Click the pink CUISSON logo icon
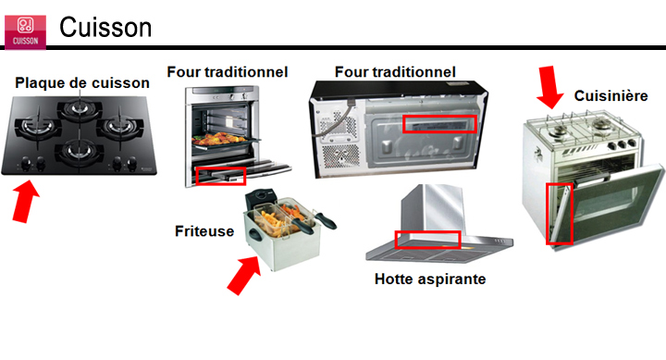pyautogui.click(x=25, y=32)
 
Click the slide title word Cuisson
pyautogui.click(x=105, y=28)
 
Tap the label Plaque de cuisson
pyautogui.click(x=82, y=83)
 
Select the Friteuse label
pyautogui.click(x=204, y=231)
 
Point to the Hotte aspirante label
pyautogui.click(x=430, y=279)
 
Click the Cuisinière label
pyautogui.click(x=610, y=96)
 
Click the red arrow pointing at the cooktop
pyautogui.click(x=25, y=202)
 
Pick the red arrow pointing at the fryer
pyautogui.click(x=244, y=275)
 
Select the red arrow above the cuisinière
pyautogui.click(x=549, y=87)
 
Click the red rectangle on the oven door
pyautogui.click(x=221, y=176)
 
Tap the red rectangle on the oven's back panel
pyautogui.click(x=439, y=124)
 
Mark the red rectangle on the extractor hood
pyautogui.click(x=427, y=240)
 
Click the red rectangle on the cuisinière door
pyautogui.click(x=559, y=214)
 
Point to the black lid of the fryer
pyautogui.click(x=260, y=198)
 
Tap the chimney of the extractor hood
pyautogui.click(x=433, y=209)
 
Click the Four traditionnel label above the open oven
pyautogui.click(x=228, y=72)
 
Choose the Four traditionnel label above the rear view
pyautogui.click(x=395, y=72)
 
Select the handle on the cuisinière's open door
pyautogui.click(x=592, y=179)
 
